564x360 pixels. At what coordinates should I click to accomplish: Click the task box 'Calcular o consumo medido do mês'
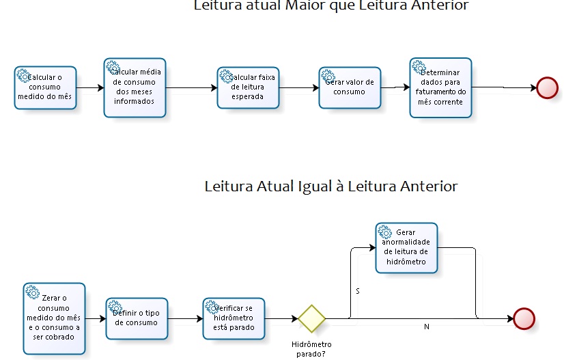click(45, 87)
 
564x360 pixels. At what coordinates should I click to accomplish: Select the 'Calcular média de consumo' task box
click(135, 87)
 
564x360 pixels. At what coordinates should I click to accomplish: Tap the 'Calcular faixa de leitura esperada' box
click(248, 87)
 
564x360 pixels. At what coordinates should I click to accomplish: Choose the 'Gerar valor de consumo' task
click(350, 87)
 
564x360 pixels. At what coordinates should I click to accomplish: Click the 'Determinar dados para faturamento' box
click(440, 87)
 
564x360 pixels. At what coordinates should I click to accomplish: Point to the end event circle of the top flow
click(547, 88)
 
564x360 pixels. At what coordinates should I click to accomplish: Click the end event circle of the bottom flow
click(524, 319)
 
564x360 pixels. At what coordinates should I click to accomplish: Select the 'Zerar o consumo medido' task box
click(54, 318)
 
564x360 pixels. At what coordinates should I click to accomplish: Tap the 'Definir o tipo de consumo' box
click(137, 318)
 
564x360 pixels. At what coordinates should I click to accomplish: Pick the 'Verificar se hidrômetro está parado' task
click(234, 318)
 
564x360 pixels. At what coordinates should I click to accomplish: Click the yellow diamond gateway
click(312, 319)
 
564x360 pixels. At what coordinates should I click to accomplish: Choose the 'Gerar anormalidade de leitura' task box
click(406, 247)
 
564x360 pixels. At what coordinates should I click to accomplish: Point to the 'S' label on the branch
click(358, 292)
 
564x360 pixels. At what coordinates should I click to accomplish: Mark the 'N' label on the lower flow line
click(427, 327)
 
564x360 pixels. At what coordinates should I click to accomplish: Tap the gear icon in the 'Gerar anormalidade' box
click(384, 232)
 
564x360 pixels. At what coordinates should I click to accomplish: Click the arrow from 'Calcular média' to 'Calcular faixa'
click(191, 87)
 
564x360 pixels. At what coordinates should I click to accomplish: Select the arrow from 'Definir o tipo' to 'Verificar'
click(184, 319)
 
